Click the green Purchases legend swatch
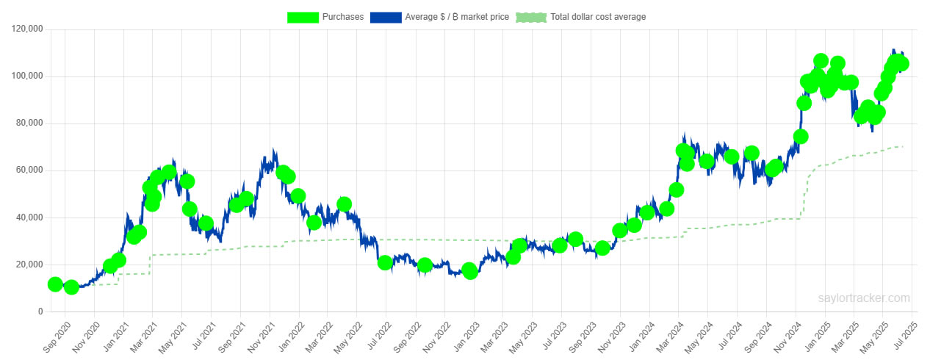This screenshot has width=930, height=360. (303, 17)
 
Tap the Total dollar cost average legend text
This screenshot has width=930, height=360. (598, 17)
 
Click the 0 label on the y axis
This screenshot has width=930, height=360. (41, 312)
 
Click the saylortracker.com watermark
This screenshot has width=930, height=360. (864, 298)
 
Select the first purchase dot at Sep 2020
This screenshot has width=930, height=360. (54, 284)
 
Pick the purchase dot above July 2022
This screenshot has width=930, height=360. (384, 262)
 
